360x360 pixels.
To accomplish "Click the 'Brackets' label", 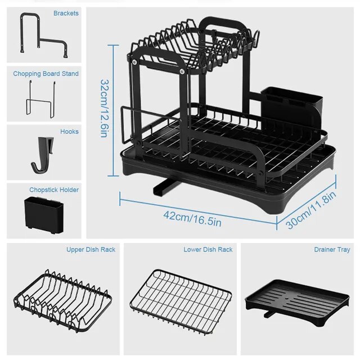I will [x=66, y=13].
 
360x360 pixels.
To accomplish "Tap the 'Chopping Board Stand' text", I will [x=46, y=74].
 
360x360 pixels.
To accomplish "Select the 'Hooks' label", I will [x=69, y=132].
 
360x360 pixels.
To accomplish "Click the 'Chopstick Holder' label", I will [x=54, y=190].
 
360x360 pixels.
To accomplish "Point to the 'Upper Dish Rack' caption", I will [x=91, y=249].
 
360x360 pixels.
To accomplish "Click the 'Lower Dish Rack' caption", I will [x=208, y=249].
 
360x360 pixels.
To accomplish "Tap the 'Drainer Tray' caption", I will [x=332, y=249].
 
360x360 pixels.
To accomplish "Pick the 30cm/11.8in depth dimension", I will [x=311, y=209].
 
